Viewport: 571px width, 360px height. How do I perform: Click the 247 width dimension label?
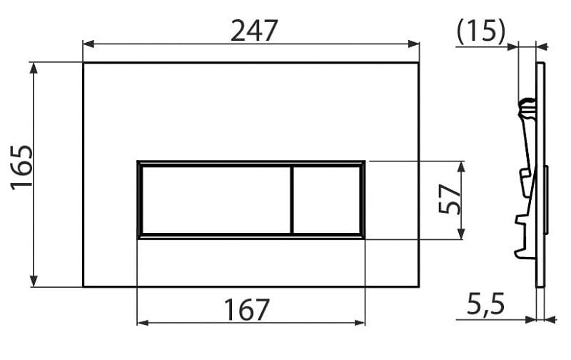pyautogui.click(x=254, y=31)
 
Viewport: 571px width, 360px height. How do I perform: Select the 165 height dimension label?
pyautogui.click(x=22, y=168)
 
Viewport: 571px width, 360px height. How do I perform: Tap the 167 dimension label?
pyautogui.click(x=246, y=310)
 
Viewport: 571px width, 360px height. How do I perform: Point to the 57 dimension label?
pyautogui.click(x=449, y=199)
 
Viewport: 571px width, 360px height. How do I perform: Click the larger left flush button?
pyautogui.click(x=216, y=200)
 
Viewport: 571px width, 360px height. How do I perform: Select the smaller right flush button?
pyautogui.click(x=327, y=200)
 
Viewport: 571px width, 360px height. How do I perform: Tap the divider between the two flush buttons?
pyautogui.click(x=292, y=200)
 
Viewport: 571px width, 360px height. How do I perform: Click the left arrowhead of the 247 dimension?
pyautogui.click(x=89, y=44)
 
